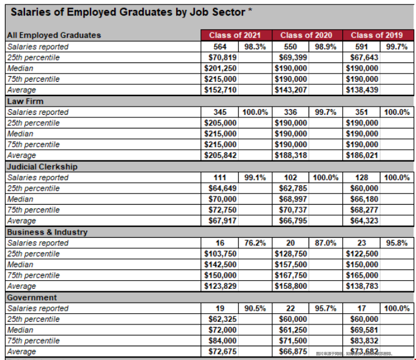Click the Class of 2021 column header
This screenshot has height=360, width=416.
235,35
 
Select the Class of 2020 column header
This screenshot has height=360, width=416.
306,35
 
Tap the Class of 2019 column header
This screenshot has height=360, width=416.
377,35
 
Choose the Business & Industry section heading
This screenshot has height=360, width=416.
47,232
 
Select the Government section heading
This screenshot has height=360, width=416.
32,298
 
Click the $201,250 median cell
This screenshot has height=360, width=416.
220,68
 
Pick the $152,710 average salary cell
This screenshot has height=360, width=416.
220,90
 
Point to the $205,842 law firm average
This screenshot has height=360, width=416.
220,155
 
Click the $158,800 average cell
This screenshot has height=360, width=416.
291,286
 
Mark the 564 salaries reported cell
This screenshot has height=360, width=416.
220,46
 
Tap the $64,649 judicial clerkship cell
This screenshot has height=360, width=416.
220,188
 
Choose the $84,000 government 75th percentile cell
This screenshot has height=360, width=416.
220,341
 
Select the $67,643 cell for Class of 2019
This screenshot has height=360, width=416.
362,57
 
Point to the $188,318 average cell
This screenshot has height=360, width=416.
291,155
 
